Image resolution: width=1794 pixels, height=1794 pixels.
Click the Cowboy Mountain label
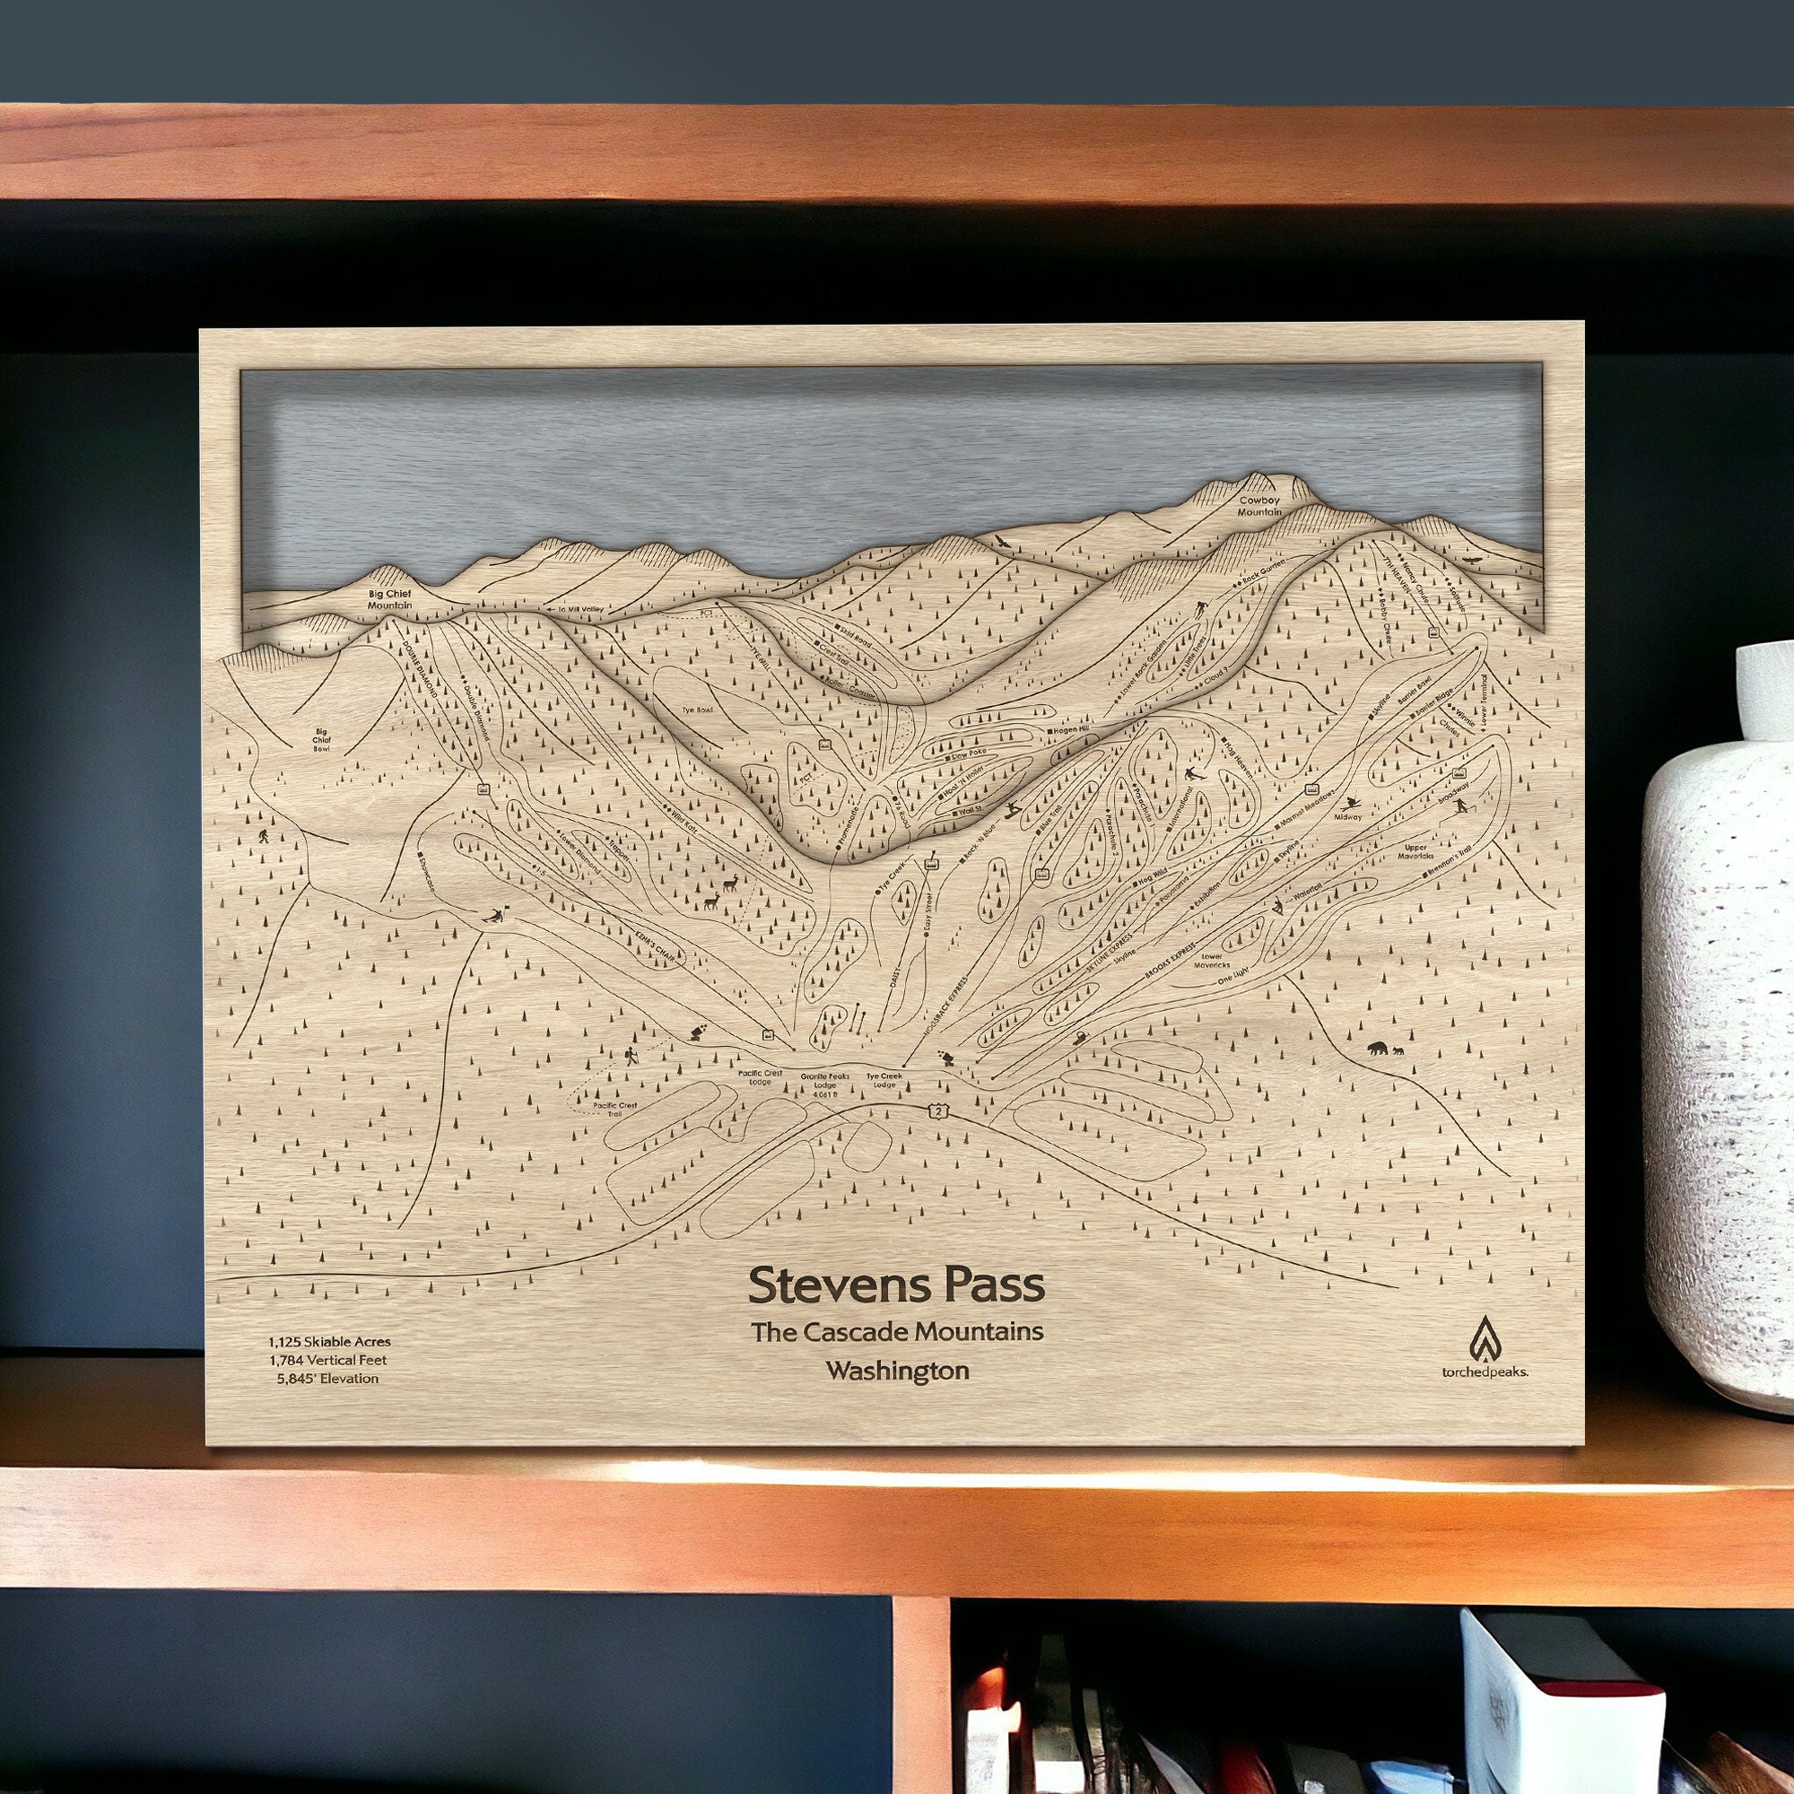pos(1259,506)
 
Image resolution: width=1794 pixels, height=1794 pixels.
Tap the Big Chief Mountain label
pos(389,599)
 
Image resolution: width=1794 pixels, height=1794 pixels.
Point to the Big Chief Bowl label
pos(321,740)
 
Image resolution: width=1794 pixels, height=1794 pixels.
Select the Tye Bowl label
pos(697,710)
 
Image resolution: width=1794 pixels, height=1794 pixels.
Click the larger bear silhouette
pos(1376,1049)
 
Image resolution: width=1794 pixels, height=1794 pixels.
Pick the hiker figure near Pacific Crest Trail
pos(631,1057)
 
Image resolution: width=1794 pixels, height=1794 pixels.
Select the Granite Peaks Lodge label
pos(824,1084)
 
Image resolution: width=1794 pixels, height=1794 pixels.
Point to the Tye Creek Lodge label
pos(884,1080)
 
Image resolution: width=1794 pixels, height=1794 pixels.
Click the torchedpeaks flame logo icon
pos(1484,1338)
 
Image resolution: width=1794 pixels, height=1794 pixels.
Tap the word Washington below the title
pos(897,1371)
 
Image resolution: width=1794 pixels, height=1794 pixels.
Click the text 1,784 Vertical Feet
pos(327,1360)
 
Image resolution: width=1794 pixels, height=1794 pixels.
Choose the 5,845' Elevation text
pos(327,1378)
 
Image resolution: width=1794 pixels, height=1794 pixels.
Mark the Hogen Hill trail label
pos(1071,730)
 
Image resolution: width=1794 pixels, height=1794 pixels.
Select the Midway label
pos(1347,816)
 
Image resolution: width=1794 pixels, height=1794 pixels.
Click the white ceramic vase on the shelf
pos(1718,1022)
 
